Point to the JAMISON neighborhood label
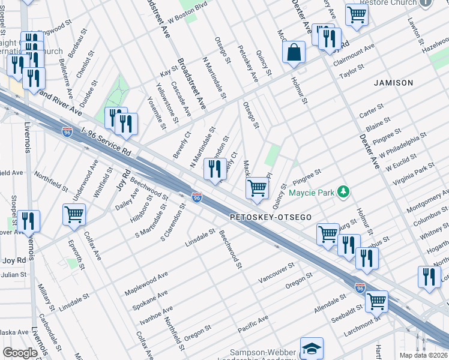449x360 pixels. pyautogui.click(x=394, y=82)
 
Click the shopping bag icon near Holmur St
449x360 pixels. pyautogui.click(x=294, y=52)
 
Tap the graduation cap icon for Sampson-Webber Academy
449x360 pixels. pyautogui.click(x=312, y=348)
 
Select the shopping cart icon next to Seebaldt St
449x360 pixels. pyautogui.click(x=376, y=301)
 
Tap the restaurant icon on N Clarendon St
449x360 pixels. pyautogui.click(x=215, y=169)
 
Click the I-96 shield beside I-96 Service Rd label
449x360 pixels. pyautogui.click(x=67, y=132)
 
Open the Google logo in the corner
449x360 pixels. pyautogui.click(x=20, y=353)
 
